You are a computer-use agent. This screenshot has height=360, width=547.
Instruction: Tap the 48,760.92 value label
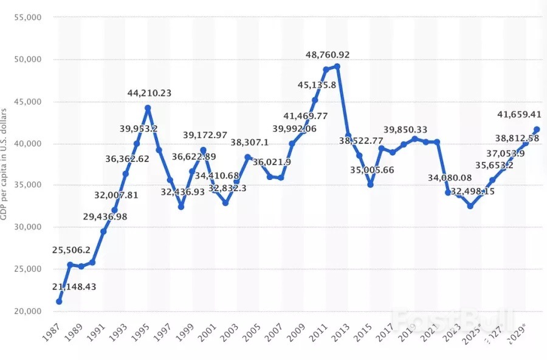328,55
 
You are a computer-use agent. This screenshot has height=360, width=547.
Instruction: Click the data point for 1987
59,302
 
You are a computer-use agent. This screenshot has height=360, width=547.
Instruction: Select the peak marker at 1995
148,108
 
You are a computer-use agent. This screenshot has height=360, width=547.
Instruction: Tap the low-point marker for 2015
370,184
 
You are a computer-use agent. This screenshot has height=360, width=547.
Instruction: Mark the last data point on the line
537,129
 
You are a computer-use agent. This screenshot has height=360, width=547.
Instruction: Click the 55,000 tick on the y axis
26,18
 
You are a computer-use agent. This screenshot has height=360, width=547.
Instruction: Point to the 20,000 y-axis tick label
26,311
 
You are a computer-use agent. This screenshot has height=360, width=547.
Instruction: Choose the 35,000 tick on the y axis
26,185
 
